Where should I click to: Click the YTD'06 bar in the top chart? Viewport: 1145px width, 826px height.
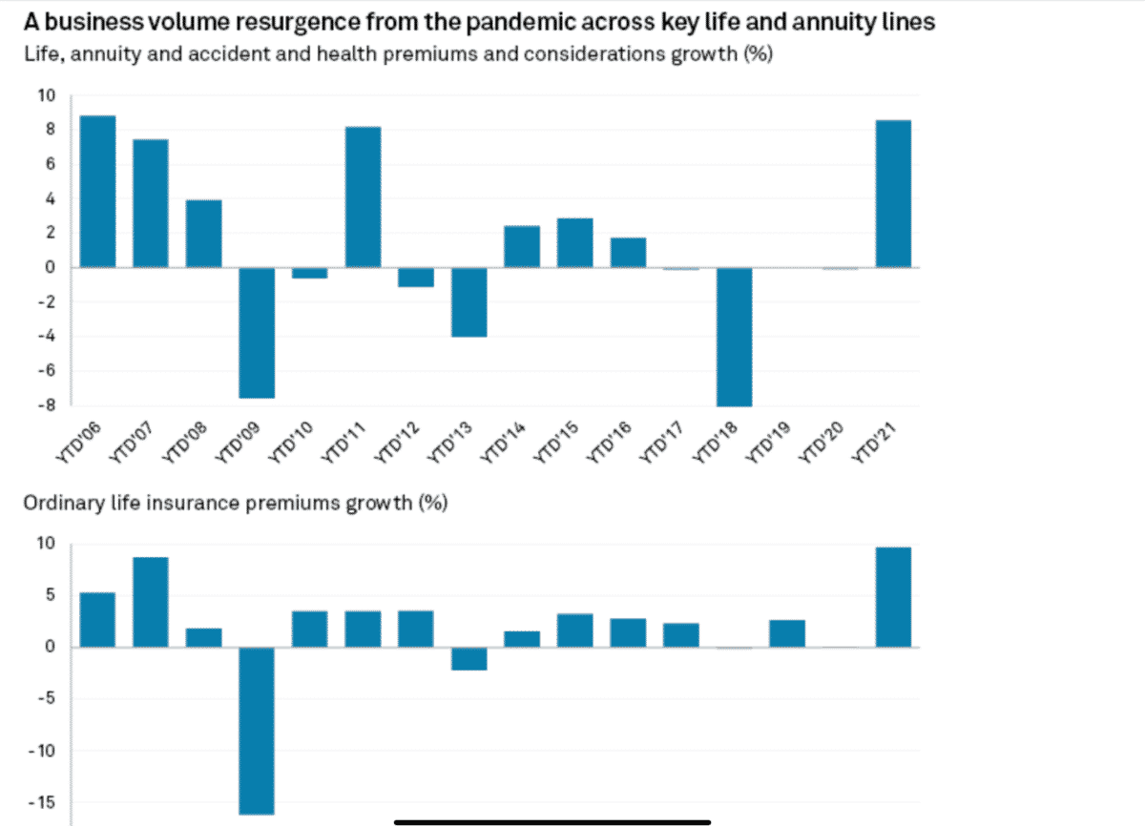point(97,192)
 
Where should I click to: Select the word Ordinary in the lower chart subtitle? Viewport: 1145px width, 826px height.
point(56,503)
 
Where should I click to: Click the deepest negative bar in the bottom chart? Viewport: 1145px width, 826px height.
point(257,731)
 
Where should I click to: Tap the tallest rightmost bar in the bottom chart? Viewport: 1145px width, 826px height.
point(893,597)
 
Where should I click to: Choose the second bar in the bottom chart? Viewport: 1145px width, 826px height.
point(151,602)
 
